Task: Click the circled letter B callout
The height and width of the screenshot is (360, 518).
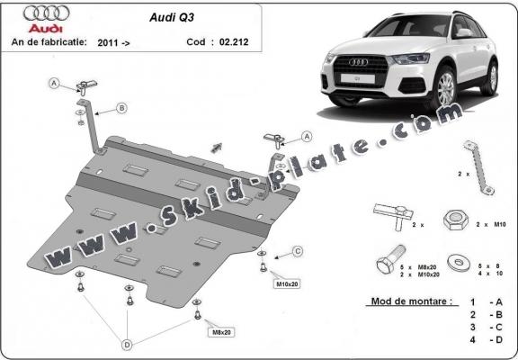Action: pyautogui.click(x=121, y=108)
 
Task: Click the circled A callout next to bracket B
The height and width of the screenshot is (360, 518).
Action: pyautogui.click(x=55, y=84)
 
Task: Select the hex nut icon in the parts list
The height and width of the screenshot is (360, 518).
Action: pyautogui.click(x=453, y=220)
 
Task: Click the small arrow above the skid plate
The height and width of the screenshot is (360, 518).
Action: pyautogui.click(x=216, y=145)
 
